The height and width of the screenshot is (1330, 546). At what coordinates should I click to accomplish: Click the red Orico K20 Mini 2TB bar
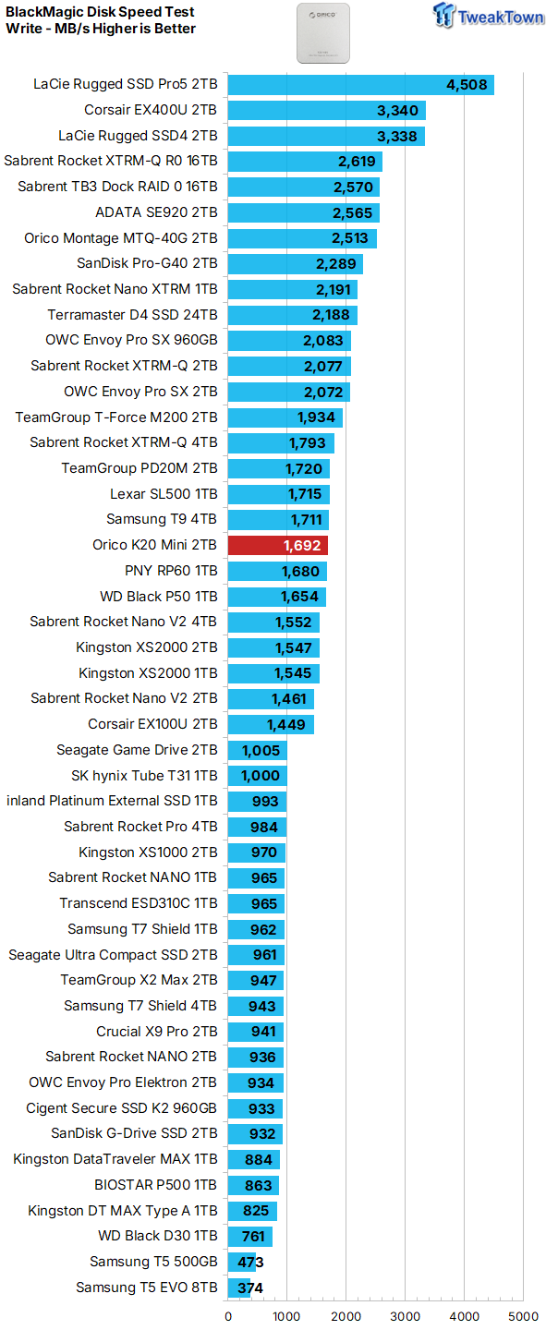pyautogui.click(x=277, y=545)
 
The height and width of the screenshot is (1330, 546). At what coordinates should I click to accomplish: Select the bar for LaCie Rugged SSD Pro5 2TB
pyautogui.click(x=360, y=85)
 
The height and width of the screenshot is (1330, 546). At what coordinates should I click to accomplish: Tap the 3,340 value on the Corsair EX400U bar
pyautogui.click(x=397, y=111)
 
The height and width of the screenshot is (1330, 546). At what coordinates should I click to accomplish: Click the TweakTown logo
pyautogui.click(x=488, y=16)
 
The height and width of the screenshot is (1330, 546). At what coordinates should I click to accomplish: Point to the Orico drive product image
pyautogui.click(x=323, y=33)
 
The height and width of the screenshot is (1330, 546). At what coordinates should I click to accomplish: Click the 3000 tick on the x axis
pyautogui.click(x=406, y=1316)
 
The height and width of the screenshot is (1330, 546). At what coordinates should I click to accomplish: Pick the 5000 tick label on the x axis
pyautogui.click(x=524, y=1316)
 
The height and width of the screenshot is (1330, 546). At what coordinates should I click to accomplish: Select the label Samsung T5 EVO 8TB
pyautogui.click(x=147, y=1288)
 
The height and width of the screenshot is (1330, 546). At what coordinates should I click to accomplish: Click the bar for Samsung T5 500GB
pyautogui.click(x=241, y=1262)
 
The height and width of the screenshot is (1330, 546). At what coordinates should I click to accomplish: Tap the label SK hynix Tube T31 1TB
pyautogui.click(x=144, y=776)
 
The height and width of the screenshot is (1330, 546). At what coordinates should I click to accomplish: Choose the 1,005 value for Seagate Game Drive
pyautogui.click(x=261, y=751)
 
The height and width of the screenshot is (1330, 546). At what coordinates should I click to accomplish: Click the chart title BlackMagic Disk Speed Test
pyautogui.click(x=101, y=12)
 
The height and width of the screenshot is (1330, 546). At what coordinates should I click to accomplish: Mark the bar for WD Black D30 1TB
pyautogui.click(x=250, y=1236)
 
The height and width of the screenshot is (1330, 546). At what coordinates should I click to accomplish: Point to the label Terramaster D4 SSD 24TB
pyautogui.click(x=132, y=315)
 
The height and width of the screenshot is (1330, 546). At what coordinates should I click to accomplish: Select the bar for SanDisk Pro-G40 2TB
pyautogui.click(x=296, y=263)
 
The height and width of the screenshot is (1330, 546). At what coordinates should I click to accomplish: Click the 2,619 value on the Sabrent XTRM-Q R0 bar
pyautogui.click(x=357, y=162)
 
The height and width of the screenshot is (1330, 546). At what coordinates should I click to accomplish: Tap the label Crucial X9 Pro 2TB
pyautogui.click(x=157, y=1032)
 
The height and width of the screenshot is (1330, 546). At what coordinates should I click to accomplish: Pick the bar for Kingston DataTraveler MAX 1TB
pyautogui.click(x=254, y=1159)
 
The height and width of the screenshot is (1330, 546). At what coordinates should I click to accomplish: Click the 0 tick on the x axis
pyautogui.click(x=228, y=1316)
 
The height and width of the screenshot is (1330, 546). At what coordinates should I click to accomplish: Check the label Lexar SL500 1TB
pyautogui.click(x=164, y=494)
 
